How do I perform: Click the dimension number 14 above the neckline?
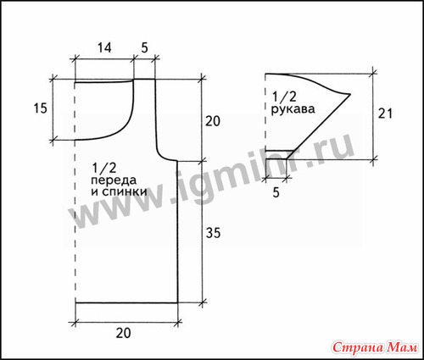104,47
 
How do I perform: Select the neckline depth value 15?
40,108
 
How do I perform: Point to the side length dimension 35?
213,233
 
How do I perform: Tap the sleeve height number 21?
386,114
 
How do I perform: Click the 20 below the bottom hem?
123,333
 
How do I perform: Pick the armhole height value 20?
213,121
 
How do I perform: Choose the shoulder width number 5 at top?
144,47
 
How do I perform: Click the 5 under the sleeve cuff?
276,192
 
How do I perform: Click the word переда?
114,180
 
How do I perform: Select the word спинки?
124,191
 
